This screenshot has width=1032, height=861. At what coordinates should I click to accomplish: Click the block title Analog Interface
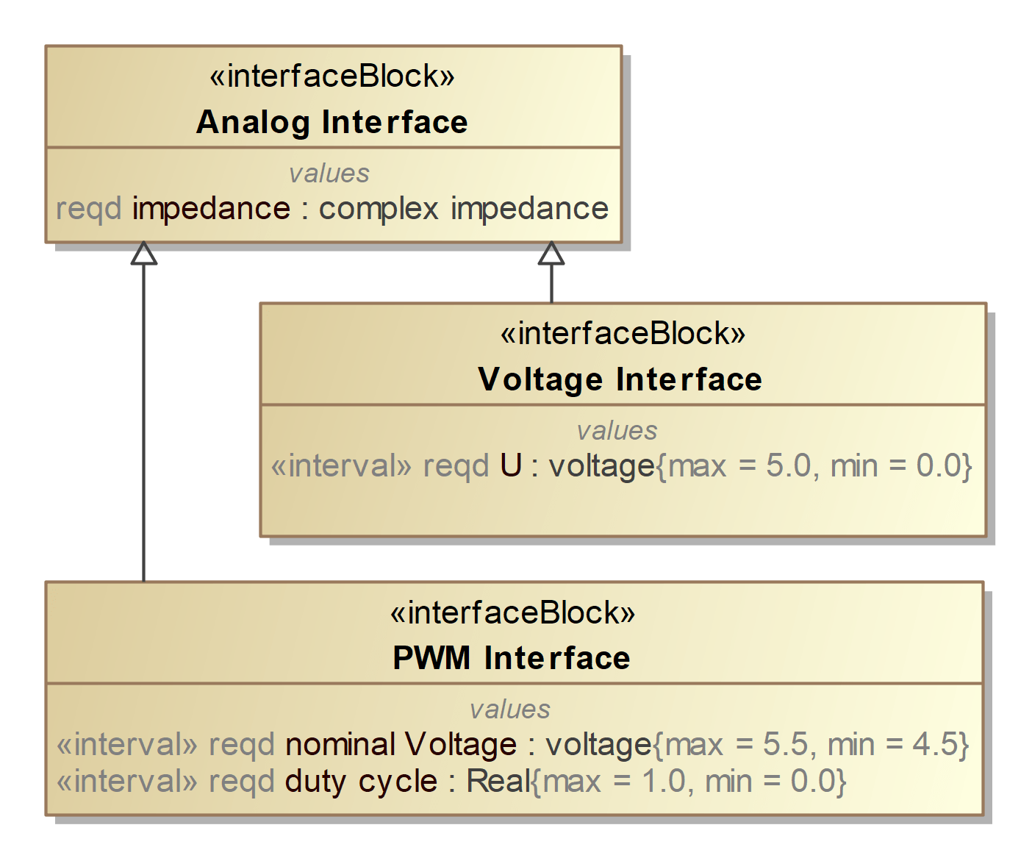(332, 122)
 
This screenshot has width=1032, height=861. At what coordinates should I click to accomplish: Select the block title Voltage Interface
(620, 379)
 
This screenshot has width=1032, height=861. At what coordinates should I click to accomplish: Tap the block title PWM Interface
(511, 658)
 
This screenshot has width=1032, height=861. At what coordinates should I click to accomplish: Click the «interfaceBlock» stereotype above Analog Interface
(332, 76)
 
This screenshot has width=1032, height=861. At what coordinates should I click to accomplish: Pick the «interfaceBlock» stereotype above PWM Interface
(512, 612)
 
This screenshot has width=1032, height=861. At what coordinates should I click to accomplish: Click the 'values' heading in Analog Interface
(329, 174)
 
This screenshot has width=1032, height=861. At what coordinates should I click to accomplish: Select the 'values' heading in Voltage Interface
(617, 431)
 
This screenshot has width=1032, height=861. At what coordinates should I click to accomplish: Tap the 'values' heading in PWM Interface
(509, 710)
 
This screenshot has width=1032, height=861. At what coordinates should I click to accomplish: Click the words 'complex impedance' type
(463, 209)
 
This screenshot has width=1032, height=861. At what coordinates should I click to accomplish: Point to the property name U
(510, 466)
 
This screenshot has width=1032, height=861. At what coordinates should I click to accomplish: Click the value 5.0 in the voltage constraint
(788, 466)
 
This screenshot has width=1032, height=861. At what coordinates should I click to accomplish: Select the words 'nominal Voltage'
(401, 745)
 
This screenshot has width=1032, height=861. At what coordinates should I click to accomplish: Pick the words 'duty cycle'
(361, 781)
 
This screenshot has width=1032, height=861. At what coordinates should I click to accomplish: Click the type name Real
(498, 781)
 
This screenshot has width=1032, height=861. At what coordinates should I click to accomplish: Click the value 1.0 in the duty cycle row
(664, 781)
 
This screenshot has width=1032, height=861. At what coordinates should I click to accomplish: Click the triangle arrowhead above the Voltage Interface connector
(551, 254)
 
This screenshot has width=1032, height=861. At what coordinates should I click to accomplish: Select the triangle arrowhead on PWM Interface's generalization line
(143, 254)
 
